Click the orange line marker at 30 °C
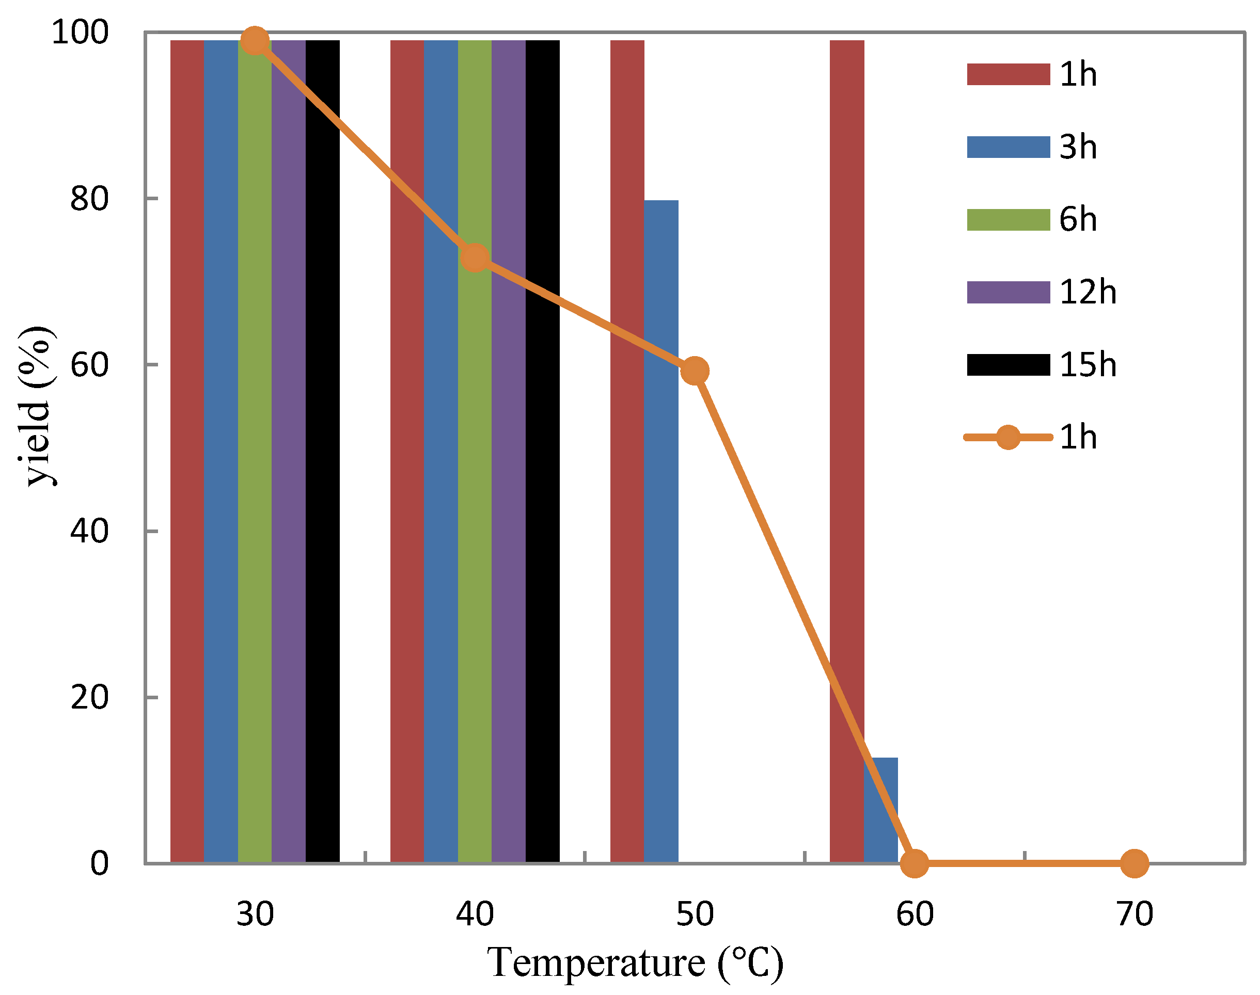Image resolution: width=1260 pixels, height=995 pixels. pos(255,41)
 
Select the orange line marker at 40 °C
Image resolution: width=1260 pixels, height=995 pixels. pos(475,258)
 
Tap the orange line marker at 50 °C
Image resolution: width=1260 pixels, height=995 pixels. pos(695,371)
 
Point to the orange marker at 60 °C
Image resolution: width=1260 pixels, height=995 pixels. pos(915,863)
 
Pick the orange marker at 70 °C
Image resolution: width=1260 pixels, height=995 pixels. pos(1135,863)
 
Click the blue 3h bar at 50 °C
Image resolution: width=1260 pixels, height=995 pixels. pos(661,524)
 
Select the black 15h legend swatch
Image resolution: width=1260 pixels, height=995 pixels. pos(1008,365)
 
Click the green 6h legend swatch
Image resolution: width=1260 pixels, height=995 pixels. pos(1008,220)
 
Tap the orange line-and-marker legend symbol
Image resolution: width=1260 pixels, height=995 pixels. pos(1008,437)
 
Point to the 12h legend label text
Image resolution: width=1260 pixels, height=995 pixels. pos(1088,292)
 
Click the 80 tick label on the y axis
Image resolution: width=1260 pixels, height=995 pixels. pos(89,199)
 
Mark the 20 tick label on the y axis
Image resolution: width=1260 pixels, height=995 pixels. pos(89,697)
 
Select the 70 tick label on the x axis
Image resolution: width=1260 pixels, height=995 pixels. pos(1135,914)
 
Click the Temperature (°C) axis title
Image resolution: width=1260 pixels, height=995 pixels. pos(635,962)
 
